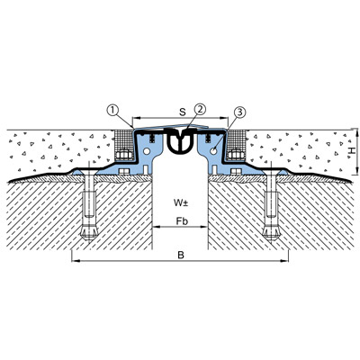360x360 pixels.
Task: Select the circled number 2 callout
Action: pyautogui.click(x=200, y=109)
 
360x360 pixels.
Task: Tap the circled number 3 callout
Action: pyautogui.click(x=239, y=112)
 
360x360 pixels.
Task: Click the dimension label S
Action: pyautogui.click(x=182, y=112)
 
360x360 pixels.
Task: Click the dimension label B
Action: pyautogui.click(x=181, y=256)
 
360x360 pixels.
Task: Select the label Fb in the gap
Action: pyautogui.click(x=182, y=221)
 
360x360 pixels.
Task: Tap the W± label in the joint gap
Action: pyautogui.click(x=181, y=203)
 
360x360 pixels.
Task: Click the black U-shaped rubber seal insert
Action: pyautogui.click(x=180, y=142)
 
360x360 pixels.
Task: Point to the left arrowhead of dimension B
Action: pyautogui.click(x=74, y=261)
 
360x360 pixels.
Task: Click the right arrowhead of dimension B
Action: pyautogui.click(x=285, y=261)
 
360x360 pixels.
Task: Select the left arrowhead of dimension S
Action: pyautogui.click(x=135, y=118)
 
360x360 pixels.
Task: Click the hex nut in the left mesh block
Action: pyautogui.click(x=124, y=155)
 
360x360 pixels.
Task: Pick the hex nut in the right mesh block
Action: pyautogui.click(x=236, y=155)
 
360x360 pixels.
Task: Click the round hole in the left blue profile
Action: pyautogui.click(x=147, y=152)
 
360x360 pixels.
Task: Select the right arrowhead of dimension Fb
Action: pyautogui.click(x=205, y=227)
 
